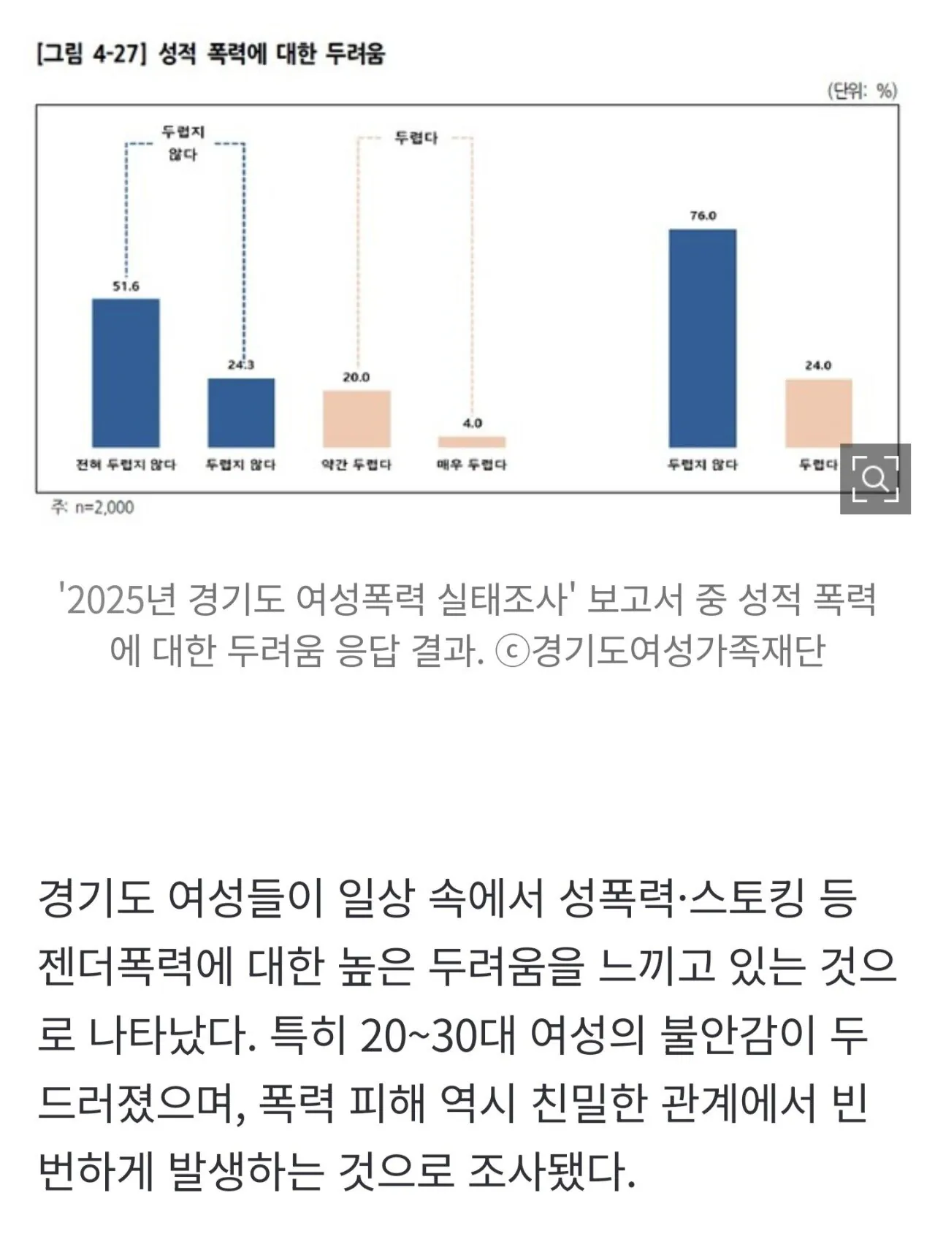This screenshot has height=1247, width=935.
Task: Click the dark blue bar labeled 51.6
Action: tap(126, 373)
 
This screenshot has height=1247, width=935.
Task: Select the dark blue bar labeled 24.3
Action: tap(241, 413)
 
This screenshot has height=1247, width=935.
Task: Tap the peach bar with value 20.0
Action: tap(356, 419)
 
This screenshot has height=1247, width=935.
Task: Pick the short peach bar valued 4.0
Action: tap(472, 442)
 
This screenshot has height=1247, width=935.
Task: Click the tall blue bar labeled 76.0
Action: tap(703, 338)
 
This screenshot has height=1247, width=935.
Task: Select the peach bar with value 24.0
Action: tap(818, 413)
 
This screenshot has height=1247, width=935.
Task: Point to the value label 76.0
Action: tap(703, 216)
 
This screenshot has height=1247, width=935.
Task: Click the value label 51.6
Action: tap(126, 286)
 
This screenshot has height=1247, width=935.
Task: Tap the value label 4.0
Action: tap(473, 423)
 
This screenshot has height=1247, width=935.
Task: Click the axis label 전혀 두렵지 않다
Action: tap(126, 465)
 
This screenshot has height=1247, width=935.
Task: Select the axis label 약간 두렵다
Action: tap(356, 465)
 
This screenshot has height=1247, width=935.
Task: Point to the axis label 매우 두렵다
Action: tap(472, 465)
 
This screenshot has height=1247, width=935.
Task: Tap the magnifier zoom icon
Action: tap(875, 478)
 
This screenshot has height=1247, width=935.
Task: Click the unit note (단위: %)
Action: tap(862, 91)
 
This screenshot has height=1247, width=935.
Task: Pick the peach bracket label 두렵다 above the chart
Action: tap(416, 138)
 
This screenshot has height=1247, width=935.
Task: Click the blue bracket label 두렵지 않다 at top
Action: tap(183, 143)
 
